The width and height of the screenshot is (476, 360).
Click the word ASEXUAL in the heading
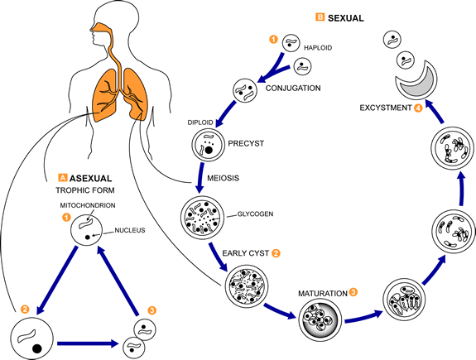92,178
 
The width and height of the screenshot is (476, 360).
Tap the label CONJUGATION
292,89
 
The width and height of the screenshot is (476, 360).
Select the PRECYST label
247,142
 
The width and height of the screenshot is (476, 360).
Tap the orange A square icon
62,178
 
